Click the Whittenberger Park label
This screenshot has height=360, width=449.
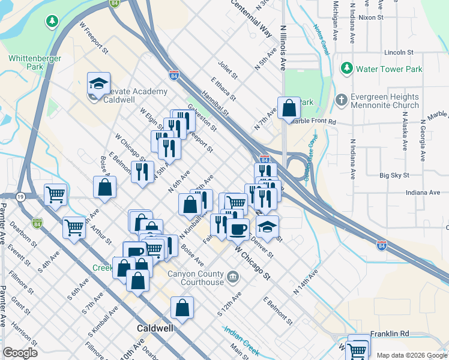click(26, 62)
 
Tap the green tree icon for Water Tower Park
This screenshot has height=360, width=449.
click(346, 69)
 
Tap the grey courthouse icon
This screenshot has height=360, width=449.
click(234, 277)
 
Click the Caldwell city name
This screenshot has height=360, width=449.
click(155, 328)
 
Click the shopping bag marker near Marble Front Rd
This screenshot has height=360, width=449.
click(289, 108)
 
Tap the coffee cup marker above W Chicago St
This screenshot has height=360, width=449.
click(238, 228)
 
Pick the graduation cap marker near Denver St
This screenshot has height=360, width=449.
click(268, 227)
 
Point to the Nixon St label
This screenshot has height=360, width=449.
click(371, 18)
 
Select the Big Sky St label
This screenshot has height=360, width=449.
click(394, 176)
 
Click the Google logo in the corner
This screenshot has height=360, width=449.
click(20, 353)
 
